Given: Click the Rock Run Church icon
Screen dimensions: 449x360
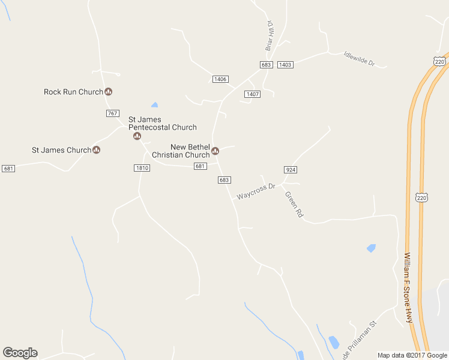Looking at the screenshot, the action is click(x=109, y=92).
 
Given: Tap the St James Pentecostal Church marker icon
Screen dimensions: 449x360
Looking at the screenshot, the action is click(x=137, y=136).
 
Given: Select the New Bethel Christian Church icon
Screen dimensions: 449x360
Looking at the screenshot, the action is click(x=215, y=151).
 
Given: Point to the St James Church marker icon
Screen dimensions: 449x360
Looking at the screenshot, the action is click(x=96, y=150).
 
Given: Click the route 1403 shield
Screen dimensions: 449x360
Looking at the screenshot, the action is click(x=285, y=65).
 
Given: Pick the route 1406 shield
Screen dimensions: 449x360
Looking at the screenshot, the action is click(x=220, y=79).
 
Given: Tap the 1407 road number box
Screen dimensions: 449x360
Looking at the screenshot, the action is click(x=252, y=94).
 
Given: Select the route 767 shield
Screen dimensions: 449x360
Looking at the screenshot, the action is click(x=112, y=113).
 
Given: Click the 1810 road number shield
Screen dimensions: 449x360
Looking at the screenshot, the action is click(x=142, y=168).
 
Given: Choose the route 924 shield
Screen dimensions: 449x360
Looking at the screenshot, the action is click(x=291, y=170).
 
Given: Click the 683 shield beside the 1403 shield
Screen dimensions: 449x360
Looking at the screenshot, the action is click(x=267, y=65).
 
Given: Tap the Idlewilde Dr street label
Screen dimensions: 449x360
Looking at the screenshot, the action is click(x=359, y=58).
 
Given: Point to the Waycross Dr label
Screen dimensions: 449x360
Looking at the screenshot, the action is click(x=256, y=191).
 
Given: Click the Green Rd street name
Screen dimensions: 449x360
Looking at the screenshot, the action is click(x=294, y=204).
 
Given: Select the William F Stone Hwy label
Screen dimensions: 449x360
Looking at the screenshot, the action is click(x=409, y=287).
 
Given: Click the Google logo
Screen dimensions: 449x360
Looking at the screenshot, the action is click(x=20, y=353).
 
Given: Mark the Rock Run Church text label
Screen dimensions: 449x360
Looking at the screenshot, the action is click(x=73, y=92).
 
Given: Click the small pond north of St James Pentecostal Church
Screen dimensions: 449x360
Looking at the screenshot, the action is click(x=155, y=105).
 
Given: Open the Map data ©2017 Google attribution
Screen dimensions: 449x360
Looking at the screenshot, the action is click(x=412, y=355).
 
